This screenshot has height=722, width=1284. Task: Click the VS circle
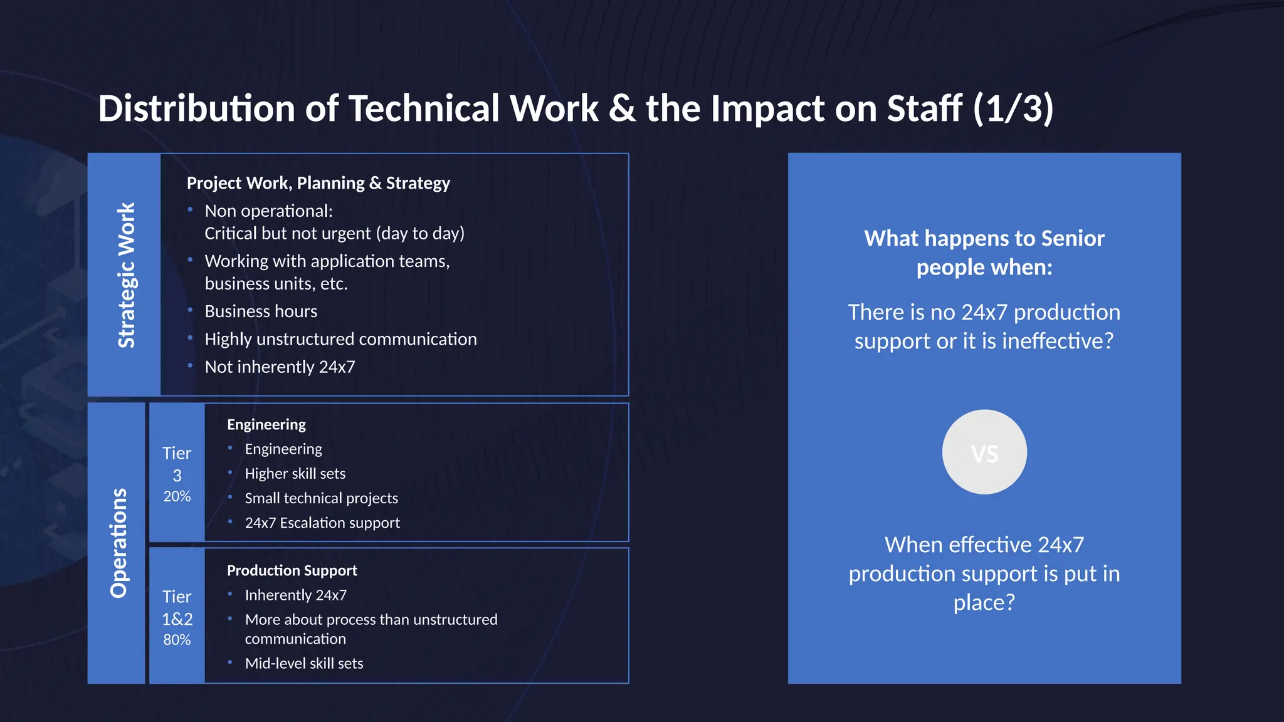pyautogui.click(x=984, y=453)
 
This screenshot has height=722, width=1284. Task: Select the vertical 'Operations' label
pyautogui.click(x=118, y=543)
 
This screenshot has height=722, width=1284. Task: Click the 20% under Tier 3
pyautogui.click(x=177, y=496)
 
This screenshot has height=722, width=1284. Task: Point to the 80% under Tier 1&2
pyautogui.click(x=177, y=640)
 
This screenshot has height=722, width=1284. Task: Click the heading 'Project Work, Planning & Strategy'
pyautogui.click(x=318, y=183)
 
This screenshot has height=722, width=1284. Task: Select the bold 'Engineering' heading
pyautogui.click(x=266, y=424)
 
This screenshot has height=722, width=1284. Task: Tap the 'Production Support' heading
pyautogui.click(x=292, y=570)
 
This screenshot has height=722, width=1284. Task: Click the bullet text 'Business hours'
pyautogui.click(x=261, y=311)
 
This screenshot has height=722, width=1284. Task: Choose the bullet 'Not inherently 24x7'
pyautogui.click(x=280, y=367)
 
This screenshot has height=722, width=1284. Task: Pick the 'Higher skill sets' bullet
pyautogui.click(x=295, y=474)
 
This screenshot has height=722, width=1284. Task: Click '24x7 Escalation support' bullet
pyautogui.click(x=322, y=523)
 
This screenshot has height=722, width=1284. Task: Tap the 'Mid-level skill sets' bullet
pyautogui.click(x=303, y=663)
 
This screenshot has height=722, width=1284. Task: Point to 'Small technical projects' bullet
pyautogui.click(x=321, y=498)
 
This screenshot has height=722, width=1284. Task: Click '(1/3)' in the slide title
pyautogui.click(x=1013, y=108)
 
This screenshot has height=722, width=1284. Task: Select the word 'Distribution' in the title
pyautogui.click(x=196, y=108)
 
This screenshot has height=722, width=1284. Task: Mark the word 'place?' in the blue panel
pyautogui.click(x=984, y=602)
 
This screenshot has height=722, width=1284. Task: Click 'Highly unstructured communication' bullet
pyautogui.click(x=340, y=339)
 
